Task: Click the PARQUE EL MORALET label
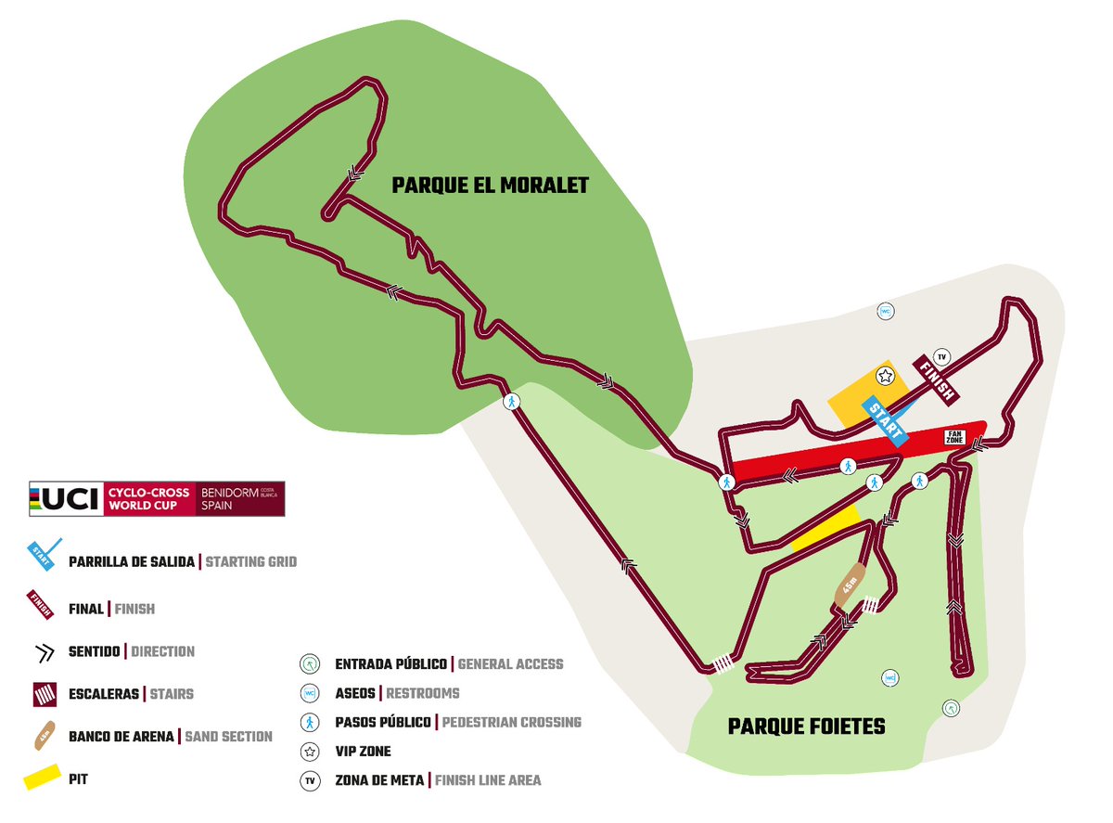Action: [x=490, y=186]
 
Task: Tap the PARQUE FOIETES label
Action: [x=806, y=726]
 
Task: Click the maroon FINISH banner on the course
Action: [x=935, y=379]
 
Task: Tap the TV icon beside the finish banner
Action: [x=942, y=356]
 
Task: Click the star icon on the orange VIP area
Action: [x=886, y=376]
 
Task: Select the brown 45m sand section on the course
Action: [x=850, y=586]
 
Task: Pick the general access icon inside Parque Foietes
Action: [x=950, y=708]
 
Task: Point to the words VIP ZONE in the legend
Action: [x=363, y=751]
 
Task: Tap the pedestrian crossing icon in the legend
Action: [x=309, y=722]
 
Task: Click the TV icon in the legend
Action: [x=309, y=780]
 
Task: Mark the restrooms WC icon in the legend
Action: [x=309, y=693]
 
